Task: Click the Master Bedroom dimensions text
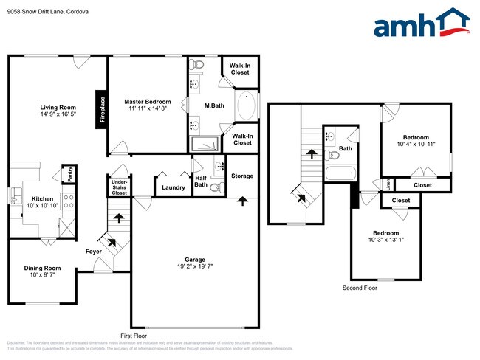tap(147, 108)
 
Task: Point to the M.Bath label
tap(214, 106)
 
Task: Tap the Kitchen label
tap(41, 199)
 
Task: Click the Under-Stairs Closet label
tap(119, 187)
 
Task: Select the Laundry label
tap(174, 187)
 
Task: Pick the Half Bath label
tap(200, 181)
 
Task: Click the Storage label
tap(241, 176)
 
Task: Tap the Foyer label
tap(93, 252)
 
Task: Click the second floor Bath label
tap(345, 149)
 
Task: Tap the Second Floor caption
tap(360, 288)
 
